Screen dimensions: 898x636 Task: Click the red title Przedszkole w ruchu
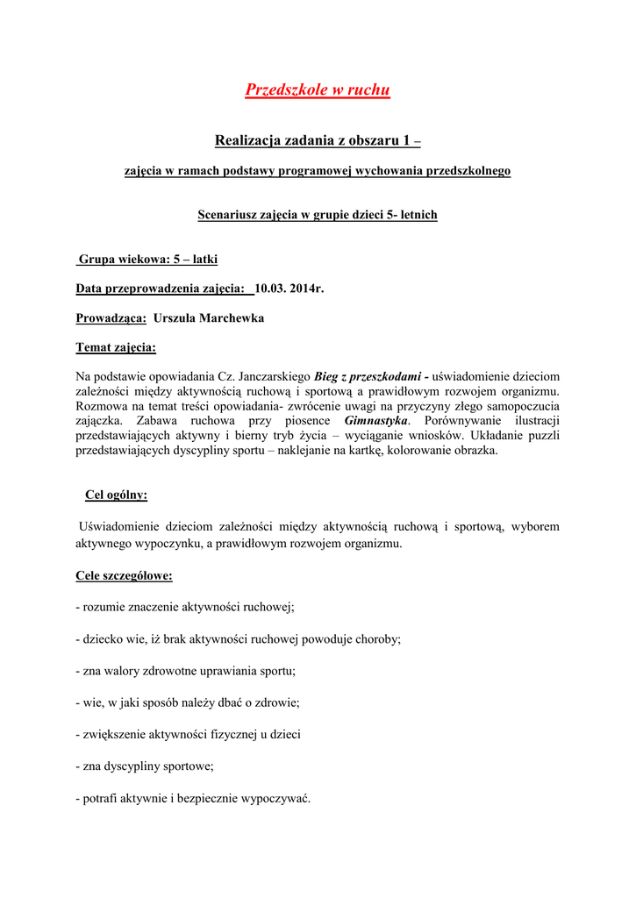(317, 89)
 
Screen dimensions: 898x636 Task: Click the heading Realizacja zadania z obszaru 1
(317, 140)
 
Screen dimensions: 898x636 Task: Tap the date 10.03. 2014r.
(289, 289)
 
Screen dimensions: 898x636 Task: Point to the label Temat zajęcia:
(116, 347)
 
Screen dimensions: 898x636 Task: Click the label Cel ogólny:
(116, 495)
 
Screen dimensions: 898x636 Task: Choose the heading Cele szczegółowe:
(124, 576)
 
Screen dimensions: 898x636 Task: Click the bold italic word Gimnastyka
(376, 421)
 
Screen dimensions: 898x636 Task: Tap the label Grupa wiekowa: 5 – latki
(148, 260)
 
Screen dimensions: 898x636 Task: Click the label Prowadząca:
(111, 318)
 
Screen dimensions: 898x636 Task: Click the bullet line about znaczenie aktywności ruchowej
(185, 607)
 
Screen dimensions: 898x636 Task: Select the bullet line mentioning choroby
(238, 639)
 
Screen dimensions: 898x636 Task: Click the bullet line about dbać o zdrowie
(189, 702)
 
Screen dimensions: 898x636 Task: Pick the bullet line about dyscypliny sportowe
(145, 766)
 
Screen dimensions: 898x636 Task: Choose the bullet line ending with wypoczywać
(193, 798)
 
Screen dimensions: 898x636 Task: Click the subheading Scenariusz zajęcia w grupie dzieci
(317, 215)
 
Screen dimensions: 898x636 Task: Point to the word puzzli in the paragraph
(544, 436)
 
